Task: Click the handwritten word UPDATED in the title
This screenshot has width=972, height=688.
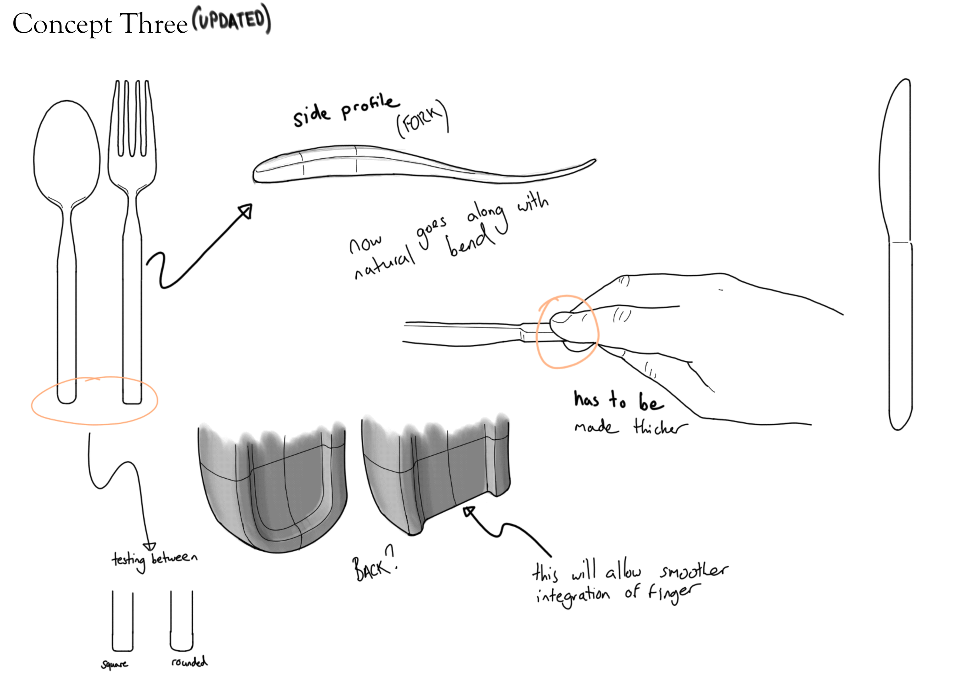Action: [232, 19]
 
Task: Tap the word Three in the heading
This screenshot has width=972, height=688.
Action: [153, 24]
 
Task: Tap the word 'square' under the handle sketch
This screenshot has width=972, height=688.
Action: [114, 664]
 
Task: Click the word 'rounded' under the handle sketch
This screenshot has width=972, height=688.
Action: [189, 662]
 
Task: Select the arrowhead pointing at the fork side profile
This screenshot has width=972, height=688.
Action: [246, 211]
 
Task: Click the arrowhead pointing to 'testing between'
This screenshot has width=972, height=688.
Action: [149, 546]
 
